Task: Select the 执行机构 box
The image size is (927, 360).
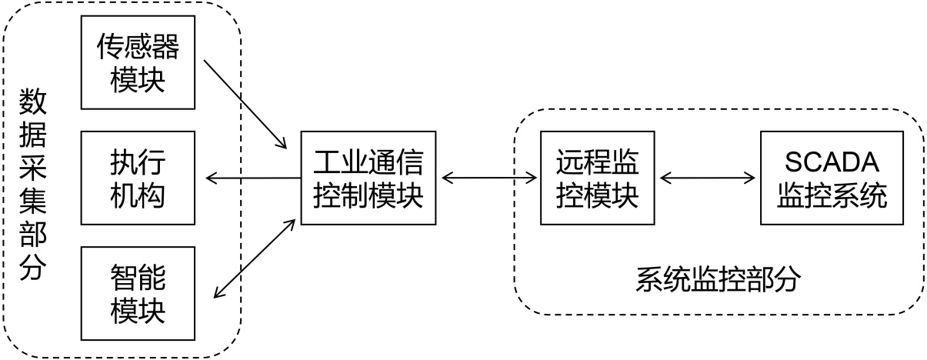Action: [138, 178]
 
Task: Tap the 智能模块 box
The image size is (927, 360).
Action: [138, 294]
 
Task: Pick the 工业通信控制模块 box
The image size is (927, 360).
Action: [368, 178]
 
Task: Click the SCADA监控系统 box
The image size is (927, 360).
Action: [832, 178]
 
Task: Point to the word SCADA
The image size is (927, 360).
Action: [832, 162]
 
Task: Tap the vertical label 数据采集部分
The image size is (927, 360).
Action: [31, 185]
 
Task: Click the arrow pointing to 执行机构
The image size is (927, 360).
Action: [253, 178]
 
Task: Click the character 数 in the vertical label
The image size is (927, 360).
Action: [31, 100]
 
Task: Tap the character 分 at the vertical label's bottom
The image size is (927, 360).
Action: [31, 269]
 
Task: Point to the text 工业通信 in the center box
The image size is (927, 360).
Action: [368, 163]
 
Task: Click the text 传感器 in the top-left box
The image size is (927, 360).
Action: [138, 48]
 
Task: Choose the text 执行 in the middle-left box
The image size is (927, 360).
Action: [138, 163]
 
